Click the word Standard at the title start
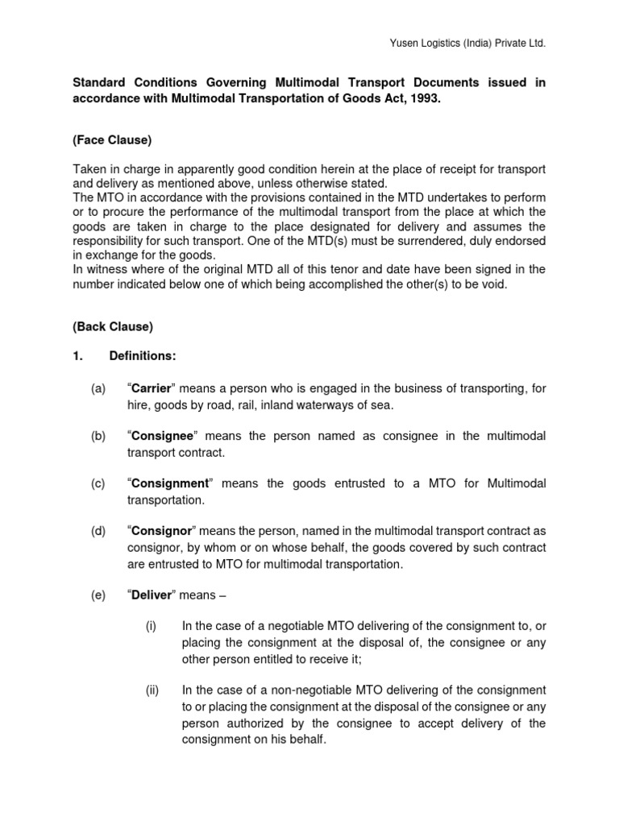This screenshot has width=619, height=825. pyautogui.click(x=102, y=82)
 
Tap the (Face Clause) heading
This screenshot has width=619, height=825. pyautogui.click(x=112, y=140)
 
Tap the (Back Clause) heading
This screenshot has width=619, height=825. pyautogui.click(x=113, y=327)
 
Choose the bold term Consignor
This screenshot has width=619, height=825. pyautogui.click(x=162, y=530)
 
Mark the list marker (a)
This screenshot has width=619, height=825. pyautogui.click(x=98, y=389)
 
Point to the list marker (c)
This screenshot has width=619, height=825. pyautogui.click(x=98, y=483)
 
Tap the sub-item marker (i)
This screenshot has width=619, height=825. pyautogui.click(x=152, y=625)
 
